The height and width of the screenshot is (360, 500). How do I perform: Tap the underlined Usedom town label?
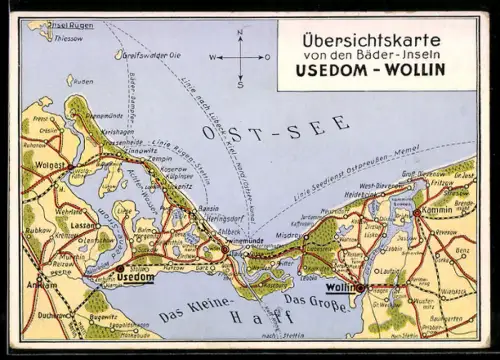point(141,277)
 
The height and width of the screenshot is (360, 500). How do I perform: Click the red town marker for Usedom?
point(120,269)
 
